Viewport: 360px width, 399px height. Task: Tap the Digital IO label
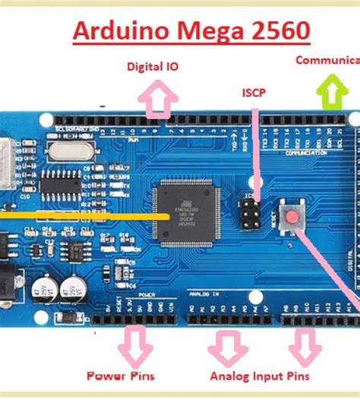(153, 67)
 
